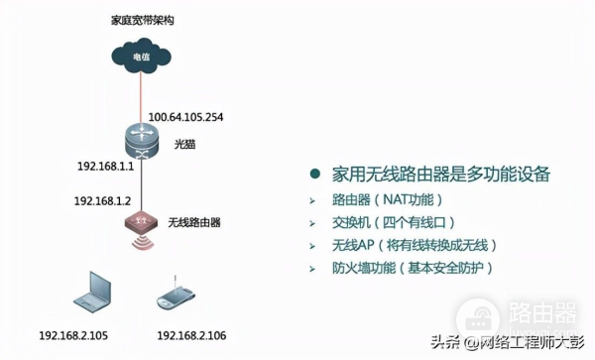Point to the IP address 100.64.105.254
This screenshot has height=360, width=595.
point(186,117)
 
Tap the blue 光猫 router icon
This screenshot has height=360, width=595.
point(141,142)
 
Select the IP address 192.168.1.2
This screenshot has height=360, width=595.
point(103,200)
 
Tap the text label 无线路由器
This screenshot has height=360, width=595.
point(193,220)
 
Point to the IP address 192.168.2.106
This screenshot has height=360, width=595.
point(192,336)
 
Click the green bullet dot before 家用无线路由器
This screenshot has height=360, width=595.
point(314,174)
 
